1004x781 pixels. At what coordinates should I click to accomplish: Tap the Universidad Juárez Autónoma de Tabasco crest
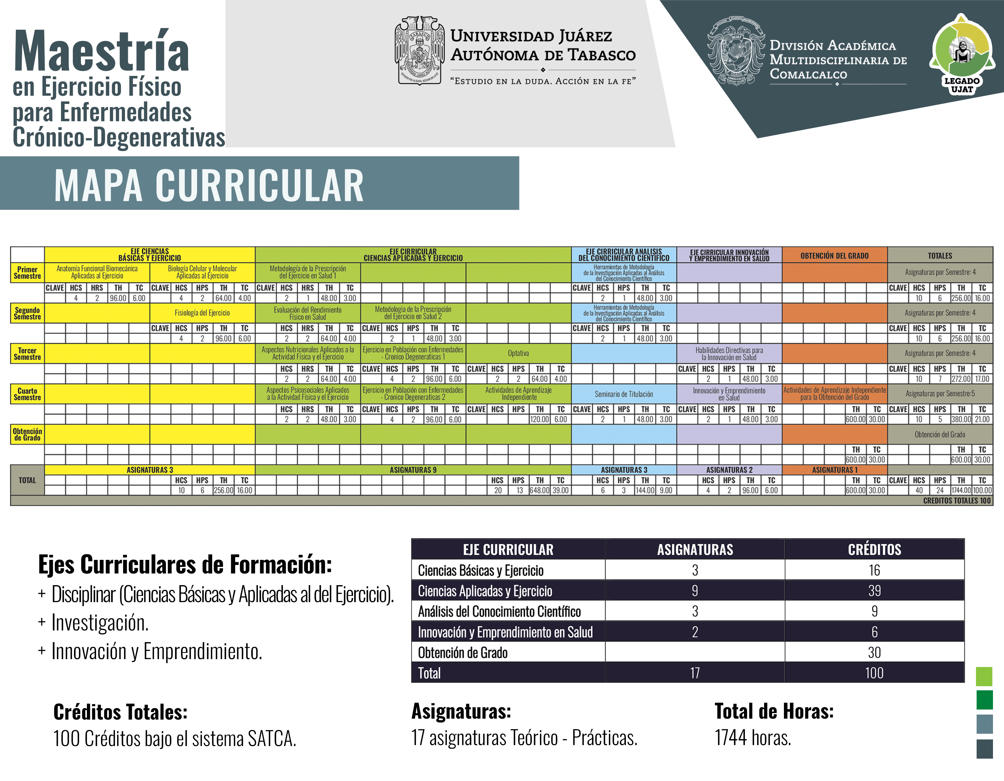pyautogui.click(x=419, y=51)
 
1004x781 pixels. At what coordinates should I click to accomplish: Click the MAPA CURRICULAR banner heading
pyautogui.click(x=209, y=185)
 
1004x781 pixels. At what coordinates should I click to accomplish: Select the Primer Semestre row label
pyautogui.click(x=27, y=273)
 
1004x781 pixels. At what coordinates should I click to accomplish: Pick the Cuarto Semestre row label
pyautogui.click(x=27, y=394)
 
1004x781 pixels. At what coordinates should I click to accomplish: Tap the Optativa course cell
pyautogui.click(x=518, y=353)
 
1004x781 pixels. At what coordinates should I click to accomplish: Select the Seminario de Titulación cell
pyautogui.click(x=623, y=394)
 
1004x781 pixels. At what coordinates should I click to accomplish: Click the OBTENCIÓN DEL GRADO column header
pyautogui.click(x=834, y=256)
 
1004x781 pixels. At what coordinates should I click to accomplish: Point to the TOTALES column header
pyautogui.click(x=940, y=256)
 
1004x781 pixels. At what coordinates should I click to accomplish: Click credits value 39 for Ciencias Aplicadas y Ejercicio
pyautogui.click(x=874, y=590)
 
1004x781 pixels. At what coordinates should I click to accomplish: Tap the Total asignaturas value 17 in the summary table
pyautogui.click(x=695, y=673)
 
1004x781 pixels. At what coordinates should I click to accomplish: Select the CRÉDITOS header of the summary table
pyautogui.click(x=874, y=549)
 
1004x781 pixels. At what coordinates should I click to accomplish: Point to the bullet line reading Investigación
pyautogui.click(x=100, y=623)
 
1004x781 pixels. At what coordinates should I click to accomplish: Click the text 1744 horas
pyautogui.click(x=752, y=738)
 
